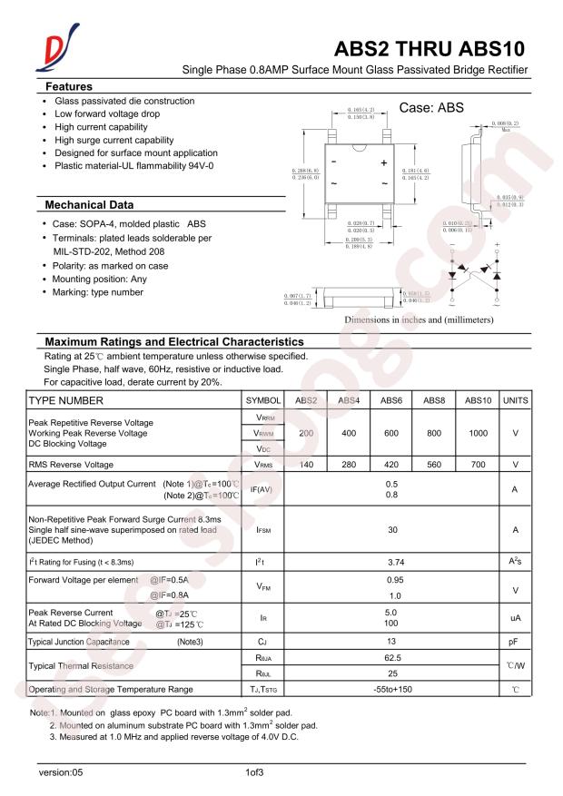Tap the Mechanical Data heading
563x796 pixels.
click(89, 204)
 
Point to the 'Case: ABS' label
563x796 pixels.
click(431, 107)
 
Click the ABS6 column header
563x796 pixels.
click(391, 400)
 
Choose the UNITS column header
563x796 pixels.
click(515, 400)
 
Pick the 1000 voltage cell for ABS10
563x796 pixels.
click(478, 434)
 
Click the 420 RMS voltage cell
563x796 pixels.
click(391, 465)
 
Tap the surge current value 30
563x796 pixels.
click(391, 528)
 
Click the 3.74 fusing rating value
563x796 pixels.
click(391, 563)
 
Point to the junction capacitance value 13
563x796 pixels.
click(391, 642)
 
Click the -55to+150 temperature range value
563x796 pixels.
click(391, 690)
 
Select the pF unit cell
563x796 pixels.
click(515, 642)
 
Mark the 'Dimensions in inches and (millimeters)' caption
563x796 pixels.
click(419, 319)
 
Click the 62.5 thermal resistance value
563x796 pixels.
click(391, 658)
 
